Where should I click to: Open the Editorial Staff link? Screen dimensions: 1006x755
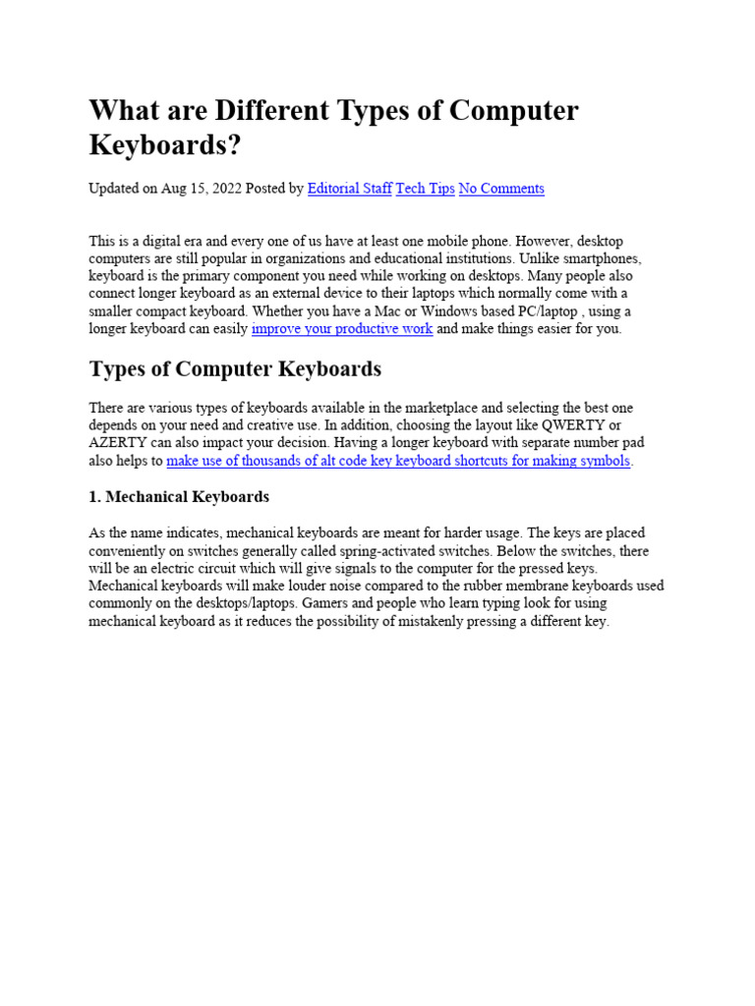pos(349,188)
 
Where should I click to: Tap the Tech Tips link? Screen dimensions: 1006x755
pos(425,188)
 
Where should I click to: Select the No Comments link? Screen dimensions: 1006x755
pos(501,188)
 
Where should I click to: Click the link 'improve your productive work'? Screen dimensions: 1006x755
pos(342,328)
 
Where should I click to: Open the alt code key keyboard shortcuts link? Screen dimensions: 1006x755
pos(399,460)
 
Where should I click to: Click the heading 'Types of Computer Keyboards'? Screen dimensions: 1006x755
pos(235,369)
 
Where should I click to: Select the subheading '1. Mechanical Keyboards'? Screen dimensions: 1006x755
pos(179,496)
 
